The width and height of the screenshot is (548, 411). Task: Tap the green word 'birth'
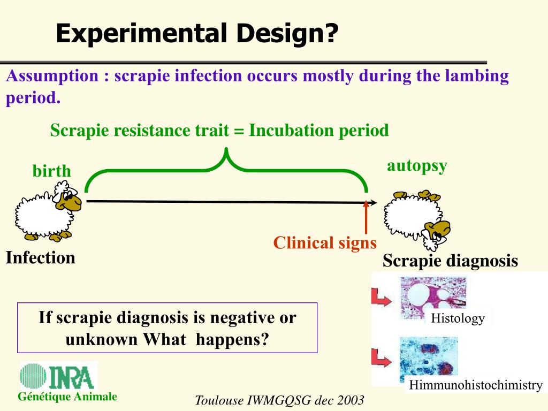click(51, 171)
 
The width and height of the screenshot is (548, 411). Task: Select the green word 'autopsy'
click(417, 166)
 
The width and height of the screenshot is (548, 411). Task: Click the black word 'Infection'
click(41, 258)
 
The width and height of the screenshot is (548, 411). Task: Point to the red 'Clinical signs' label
click(325, 243)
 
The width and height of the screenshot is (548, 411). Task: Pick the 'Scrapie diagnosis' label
click(450, 261)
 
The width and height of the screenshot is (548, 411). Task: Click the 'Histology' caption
click(458, 319)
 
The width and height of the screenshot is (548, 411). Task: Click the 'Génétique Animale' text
click(67, 397)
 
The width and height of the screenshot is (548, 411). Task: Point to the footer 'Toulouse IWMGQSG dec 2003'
click(279, 400)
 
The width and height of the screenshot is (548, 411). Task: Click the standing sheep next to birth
click(48, 211)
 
